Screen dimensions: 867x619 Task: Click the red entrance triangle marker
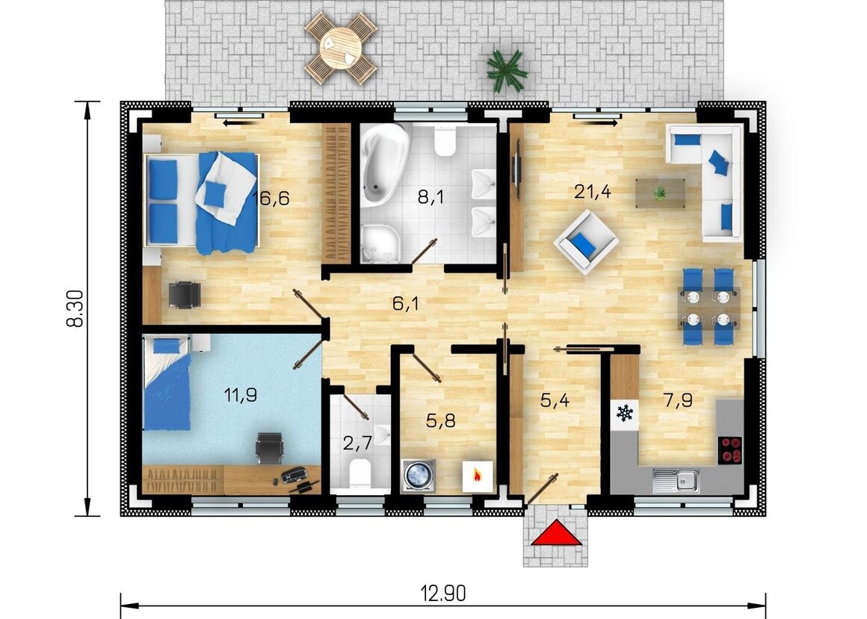(x=556, y=533)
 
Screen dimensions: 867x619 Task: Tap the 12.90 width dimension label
(x=443, y=594)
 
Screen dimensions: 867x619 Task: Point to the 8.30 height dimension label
(x=75, y=308)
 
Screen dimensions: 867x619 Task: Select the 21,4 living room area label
(x=592, y=192)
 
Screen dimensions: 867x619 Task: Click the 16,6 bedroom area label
(x=271, y=198)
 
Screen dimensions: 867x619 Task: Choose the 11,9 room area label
(x=240, y=395)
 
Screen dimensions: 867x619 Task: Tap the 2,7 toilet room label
(x=358, y=443)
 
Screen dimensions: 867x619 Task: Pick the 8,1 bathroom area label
(x=431, y=196)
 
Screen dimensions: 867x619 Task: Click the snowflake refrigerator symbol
(x=625, y=413)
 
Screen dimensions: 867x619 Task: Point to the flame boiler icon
(x=477, y=474)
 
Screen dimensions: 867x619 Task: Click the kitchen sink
(x=676, y=480)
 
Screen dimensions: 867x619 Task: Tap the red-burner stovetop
(x=730, y=450)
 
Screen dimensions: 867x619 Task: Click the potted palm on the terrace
(x=505, y=71)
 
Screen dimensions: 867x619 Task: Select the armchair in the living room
(x=585, y=242)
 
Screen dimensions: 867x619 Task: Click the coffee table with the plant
(x=660, y=194)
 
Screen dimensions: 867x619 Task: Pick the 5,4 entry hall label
(x=555, y=401)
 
